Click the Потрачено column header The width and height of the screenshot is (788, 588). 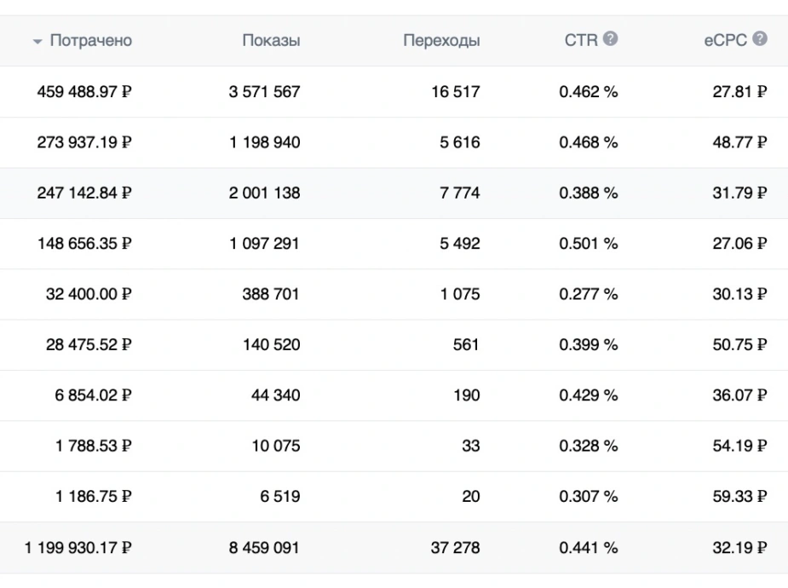coord(91,40)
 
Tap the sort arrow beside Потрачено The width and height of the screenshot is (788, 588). coord(37,42)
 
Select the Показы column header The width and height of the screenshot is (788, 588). coord(272,40)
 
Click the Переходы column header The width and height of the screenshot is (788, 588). coord(441,40)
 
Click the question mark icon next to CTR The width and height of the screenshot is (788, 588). coord(610,38)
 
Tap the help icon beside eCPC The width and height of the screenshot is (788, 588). coord(760,38)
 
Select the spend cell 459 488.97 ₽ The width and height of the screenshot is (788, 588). coord(84,92)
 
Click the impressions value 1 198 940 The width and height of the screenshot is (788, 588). coord(265,142)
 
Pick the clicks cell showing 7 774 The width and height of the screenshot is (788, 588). coord(460,193)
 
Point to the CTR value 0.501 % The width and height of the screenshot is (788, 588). coord(589,244)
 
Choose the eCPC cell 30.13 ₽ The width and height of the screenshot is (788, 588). coord(739,294)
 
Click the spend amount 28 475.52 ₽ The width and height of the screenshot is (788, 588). coord(89,345)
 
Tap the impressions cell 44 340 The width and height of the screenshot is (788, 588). coord(276,395)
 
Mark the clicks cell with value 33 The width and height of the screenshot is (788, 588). coord(471,446)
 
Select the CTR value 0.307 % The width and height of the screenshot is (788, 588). coord(589,497)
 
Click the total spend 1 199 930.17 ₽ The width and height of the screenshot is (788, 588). coord(78,547)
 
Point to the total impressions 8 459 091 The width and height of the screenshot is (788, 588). coord(264,547)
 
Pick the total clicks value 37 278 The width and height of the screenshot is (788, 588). coord(455,547)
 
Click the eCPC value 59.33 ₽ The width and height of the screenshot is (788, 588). coord(739,497)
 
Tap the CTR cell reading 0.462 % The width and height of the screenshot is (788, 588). coord(589,92)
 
